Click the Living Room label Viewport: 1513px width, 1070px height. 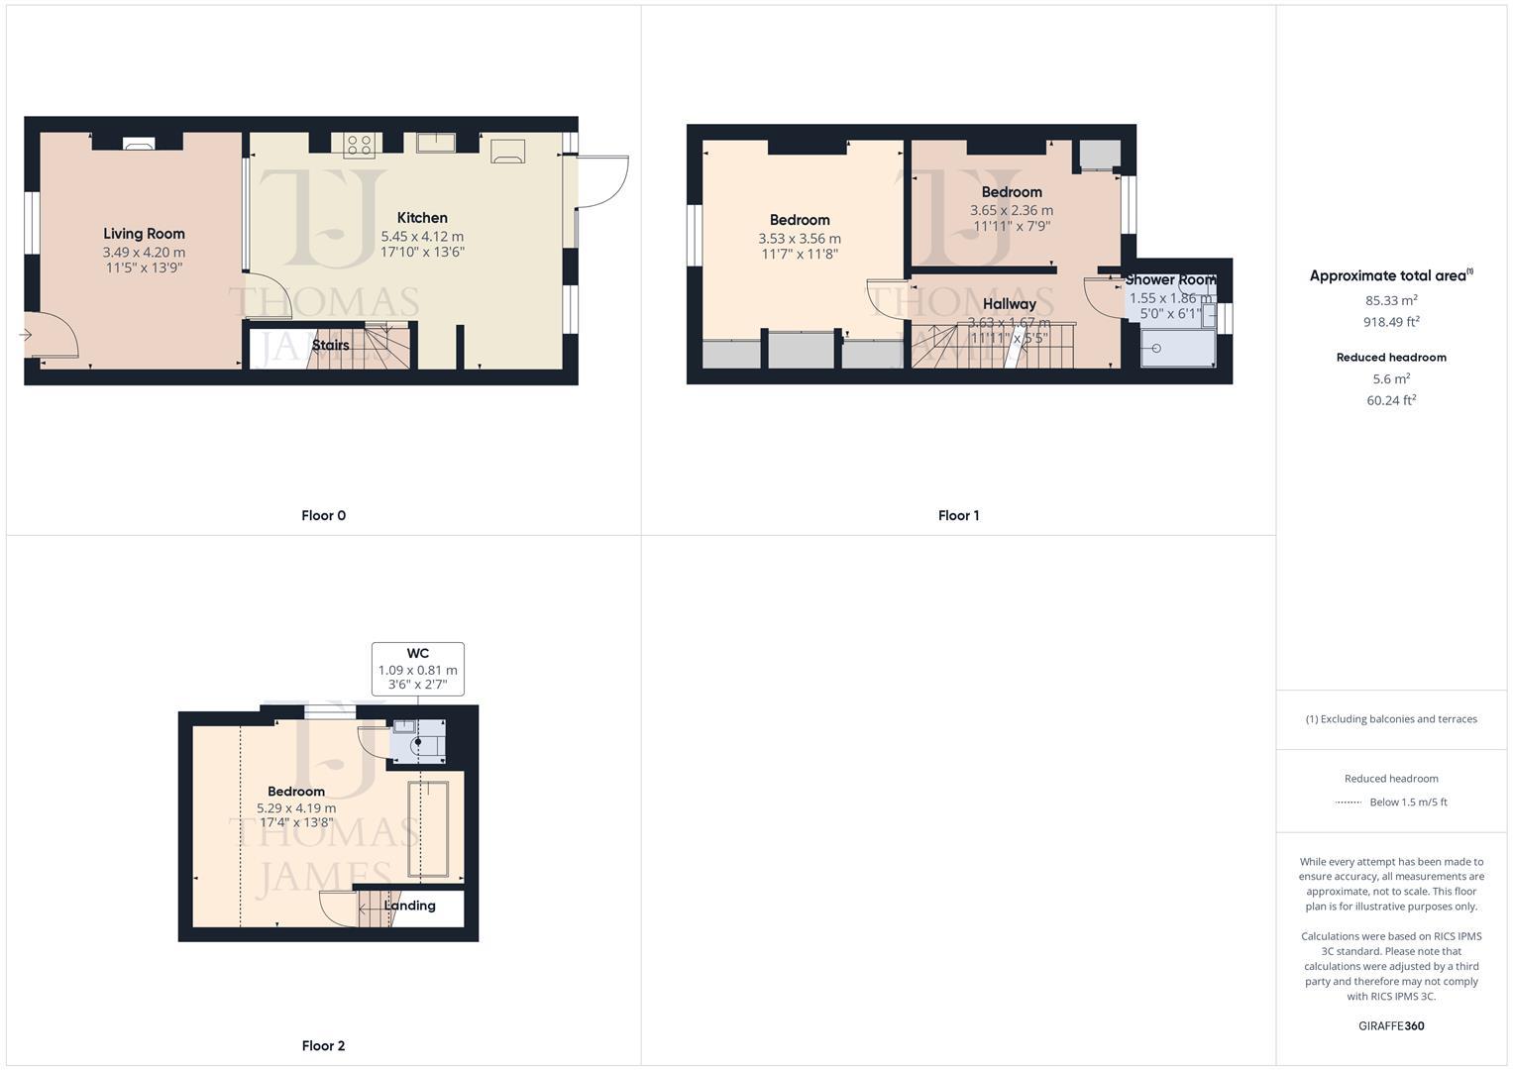[x=144, y=234]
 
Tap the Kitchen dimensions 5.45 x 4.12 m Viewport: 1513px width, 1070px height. [x=422, y=237]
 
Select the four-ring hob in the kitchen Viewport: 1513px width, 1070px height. [x=359, y=145]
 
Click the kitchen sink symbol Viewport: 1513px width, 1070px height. [x=435, y=143]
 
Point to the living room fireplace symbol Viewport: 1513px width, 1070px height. [x=138, y=144]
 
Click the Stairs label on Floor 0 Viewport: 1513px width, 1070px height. [x=330, y=345]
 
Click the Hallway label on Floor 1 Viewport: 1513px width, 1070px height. [x=1009, y=304]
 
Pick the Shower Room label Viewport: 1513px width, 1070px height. [x=1169, y=279]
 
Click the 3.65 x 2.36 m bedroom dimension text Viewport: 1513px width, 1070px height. [x=1011, y=210]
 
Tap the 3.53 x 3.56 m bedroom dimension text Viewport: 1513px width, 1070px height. [x=799, y=238]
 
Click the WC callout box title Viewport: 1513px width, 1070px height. [x=417, y=653]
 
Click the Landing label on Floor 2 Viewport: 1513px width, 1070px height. [x=409, y=905]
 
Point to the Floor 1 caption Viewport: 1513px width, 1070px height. [x=957, y=515]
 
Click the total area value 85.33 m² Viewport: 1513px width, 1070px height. [x=1390, y=299]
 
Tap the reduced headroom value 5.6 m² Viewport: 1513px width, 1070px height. [x=1390, y=378]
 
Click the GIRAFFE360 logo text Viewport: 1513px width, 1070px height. [x=1390, y=1025]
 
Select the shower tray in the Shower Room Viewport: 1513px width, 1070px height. [x=1176, y=348]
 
